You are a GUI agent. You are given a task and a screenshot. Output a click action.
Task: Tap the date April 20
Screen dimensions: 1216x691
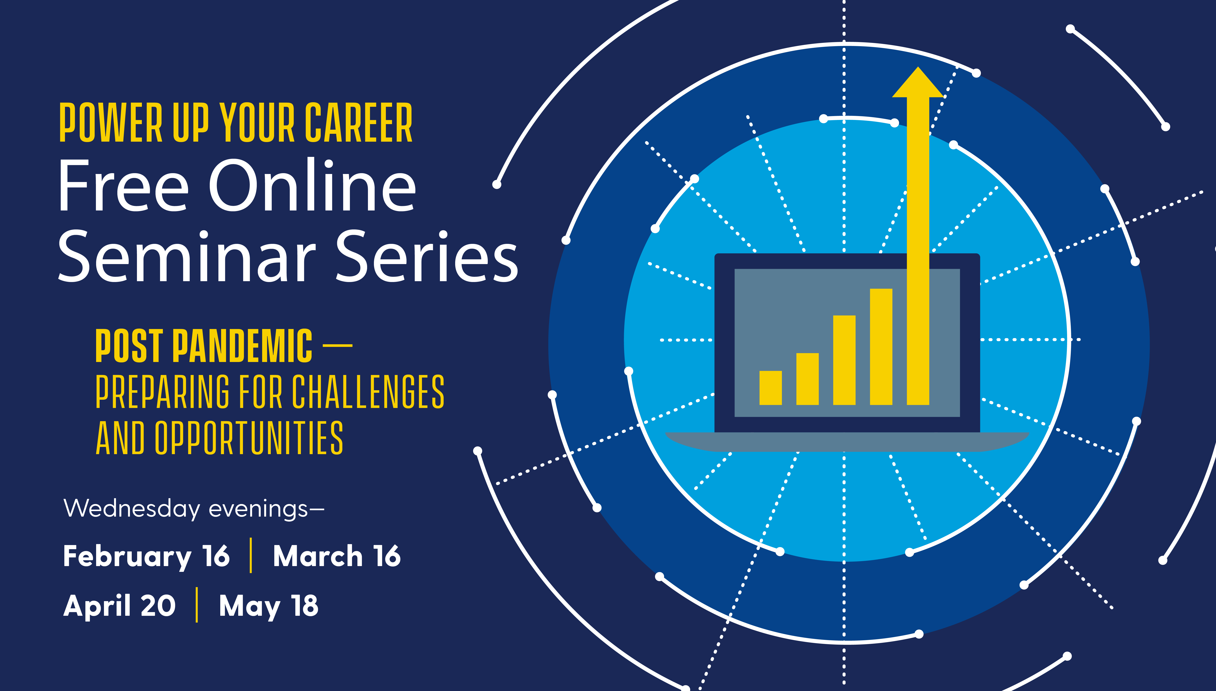click(x=120, y=606)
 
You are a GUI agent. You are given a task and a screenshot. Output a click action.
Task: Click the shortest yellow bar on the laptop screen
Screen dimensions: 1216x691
click(x=771, y=388)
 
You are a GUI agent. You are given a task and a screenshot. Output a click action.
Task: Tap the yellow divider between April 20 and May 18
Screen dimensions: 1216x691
click(x=197, y=605)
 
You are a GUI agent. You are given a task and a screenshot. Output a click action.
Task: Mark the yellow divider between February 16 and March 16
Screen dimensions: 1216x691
click(x=251, y=555)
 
